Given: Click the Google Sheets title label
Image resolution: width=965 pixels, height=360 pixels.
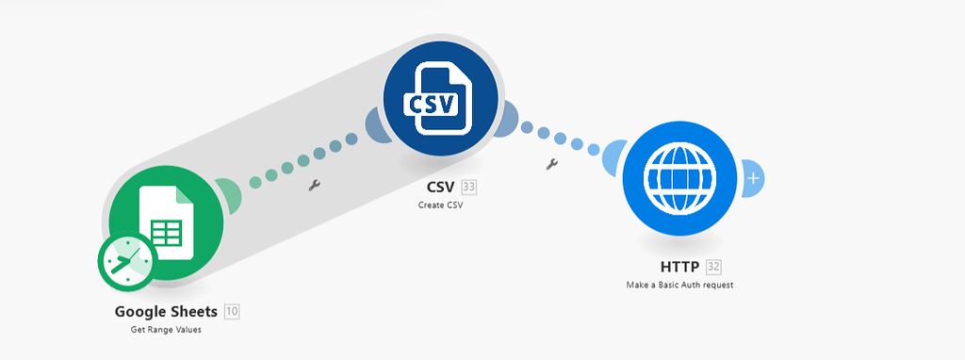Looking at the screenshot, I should (x=166, y=311).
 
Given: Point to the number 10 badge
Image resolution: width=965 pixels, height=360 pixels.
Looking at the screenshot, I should (x=232, y=311).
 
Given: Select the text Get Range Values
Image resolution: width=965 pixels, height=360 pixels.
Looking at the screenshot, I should (x=166, y=330).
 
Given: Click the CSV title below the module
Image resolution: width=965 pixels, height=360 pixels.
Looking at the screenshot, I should (x=441, y=187).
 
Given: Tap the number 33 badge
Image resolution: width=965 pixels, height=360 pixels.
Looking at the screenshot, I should (x=469, y=187).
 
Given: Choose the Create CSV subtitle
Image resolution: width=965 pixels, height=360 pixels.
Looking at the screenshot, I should (x=441, y=205).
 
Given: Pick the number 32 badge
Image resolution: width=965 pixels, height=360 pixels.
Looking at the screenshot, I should (x=713, y=267).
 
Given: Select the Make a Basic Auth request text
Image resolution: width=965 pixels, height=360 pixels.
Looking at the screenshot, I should (x=679, y=285).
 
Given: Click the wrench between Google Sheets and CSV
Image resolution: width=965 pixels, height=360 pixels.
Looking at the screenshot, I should (x=315, y=186).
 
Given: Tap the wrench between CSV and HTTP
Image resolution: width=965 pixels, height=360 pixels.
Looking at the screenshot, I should (x=552, y=165).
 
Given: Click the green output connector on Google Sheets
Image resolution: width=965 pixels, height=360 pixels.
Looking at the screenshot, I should (x=229, y=194).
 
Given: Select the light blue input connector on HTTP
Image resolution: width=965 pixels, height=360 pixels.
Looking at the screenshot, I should (x=615, y=155).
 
